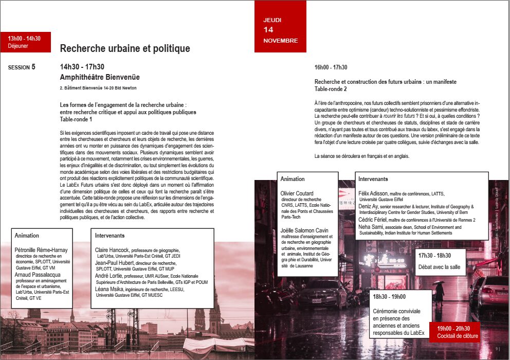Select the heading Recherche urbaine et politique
(x=125, y=48)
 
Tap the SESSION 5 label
(x=22, y=67)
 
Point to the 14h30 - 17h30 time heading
(x=82, y=67)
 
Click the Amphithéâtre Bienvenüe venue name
(x=100, y=77)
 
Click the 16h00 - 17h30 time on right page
(x=331, y=67)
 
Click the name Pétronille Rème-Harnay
(x=41, y=250)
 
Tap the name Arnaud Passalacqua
(x=38, y=275)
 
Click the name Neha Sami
(x=371, y=227)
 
